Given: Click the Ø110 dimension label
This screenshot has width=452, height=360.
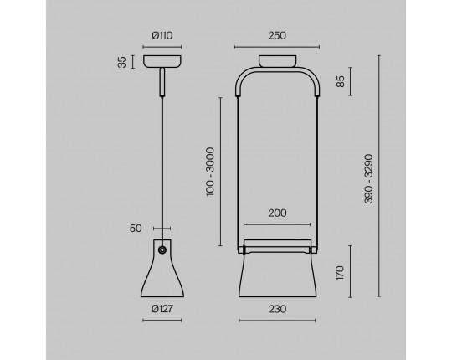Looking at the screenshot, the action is tap(162, 35).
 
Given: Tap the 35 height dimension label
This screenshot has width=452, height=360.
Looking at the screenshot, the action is tap(122, 62).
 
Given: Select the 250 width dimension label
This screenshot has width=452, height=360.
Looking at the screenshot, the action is tap(277, 35).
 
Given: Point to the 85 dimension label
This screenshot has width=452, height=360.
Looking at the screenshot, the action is tap(341, 81).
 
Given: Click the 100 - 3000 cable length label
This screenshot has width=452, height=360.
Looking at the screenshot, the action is tap(210, 172).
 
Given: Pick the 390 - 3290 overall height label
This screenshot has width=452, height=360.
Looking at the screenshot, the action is tap(368, 178).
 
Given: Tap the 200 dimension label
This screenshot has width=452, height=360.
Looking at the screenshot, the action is tap(277, 213).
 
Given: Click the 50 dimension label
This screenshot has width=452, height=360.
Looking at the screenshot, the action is tap(136, 229).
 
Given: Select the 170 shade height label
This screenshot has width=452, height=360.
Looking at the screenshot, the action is tap(340, 273).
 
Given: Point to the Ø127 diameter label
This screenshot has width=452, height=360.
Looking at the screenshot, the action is tap(162, 309).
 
